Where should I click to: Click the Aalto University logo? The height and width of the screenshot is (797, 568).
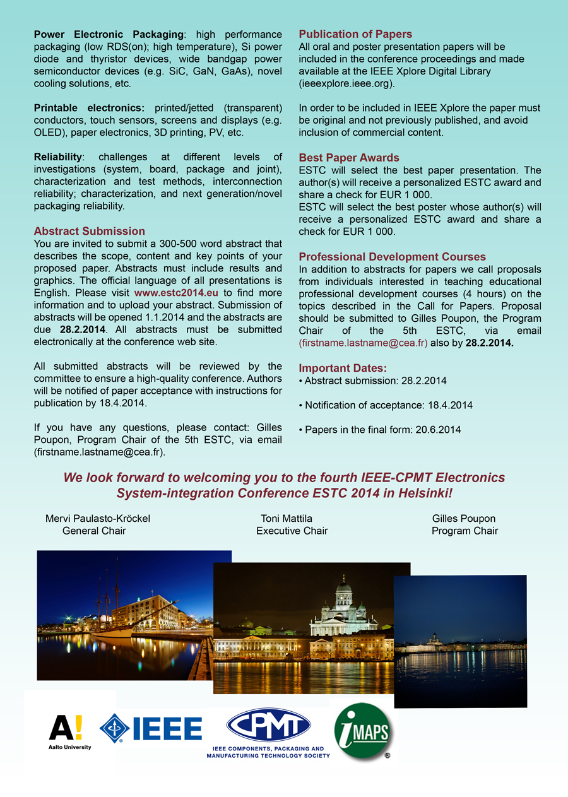[x=69, y=732]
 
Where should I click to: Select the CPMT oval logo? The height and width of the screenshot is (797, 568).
[x=268, y=725]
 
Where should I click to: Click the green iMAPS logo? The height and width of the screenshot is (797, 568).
[x=362, y=732]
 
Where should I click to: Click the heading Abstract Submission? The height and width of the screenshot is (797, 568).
[x=89, y=231]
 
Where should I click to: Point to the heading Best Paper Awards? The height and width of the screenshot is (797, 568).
[x=349, y=158]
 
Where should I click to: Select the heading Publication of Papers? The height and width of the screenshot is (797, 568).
[x=355, y=34]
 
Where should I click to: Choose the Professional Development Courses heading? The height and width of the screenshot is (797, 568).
[x=392, y=257]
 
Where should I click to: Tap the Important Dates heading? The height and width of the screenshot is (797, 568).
[x=343, y=368]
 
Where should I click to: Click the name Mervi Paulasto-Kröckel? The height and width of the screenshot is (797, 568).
[x=98, y=519]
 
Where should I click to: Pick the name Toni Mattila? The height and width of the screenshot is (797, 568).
[x=286, y=519]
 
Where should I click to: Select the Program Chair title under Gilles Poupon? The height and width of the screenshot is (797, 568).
[x=464, y=531]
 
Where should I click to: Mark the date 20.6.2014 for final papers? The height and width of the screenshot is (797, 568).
[x=438, y=430]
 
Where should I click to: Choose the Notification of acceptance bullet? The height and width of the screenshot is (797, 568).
[x=389, y=405]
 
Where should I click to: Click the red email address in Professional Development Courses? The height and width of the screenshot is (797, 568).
[x=364, y=343]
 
